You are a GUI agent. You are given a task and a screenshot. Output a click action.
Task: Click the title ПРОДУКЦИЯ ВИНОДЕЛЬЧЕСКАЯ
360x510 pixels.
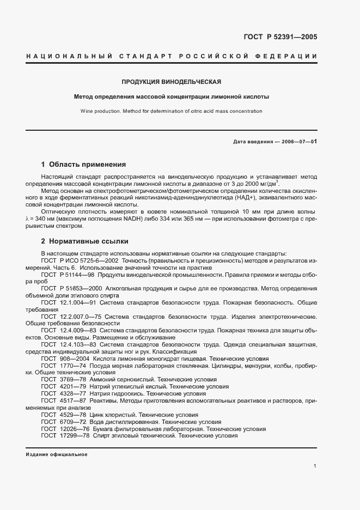coord(171,82)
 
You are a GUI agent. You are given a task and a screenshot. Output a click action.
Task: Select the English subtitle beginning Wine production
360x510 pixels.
coord(171,111)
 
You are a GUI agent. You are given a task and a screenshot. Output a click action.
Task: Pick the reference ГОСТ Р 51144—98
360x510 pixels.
coord(68,276)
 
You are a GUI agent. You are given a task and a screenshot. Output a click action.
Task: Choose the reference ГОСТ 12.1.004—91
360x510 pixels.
coord(70,302)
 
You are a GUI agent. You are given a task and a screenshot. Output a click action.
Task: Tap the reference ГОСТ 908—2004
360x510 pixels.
coord(64,359)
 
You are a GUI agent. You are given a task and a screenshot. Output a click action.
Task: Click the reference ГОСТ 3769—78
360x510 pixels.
coord(61,379)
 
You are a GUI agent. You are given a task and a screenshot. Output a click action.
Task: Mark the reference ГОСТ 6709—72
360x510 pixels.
coord(61,422)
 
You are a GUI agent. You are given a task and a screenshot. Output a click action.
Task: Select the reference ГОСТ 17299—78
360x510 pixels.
coord(63,436)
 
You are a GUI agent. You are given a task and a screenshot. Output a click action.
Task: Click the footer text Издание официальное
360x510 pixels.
coord(57,454)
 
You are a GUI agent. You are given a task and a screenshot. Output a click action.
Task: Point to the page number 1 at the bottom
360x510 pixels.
coord(315,466)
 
